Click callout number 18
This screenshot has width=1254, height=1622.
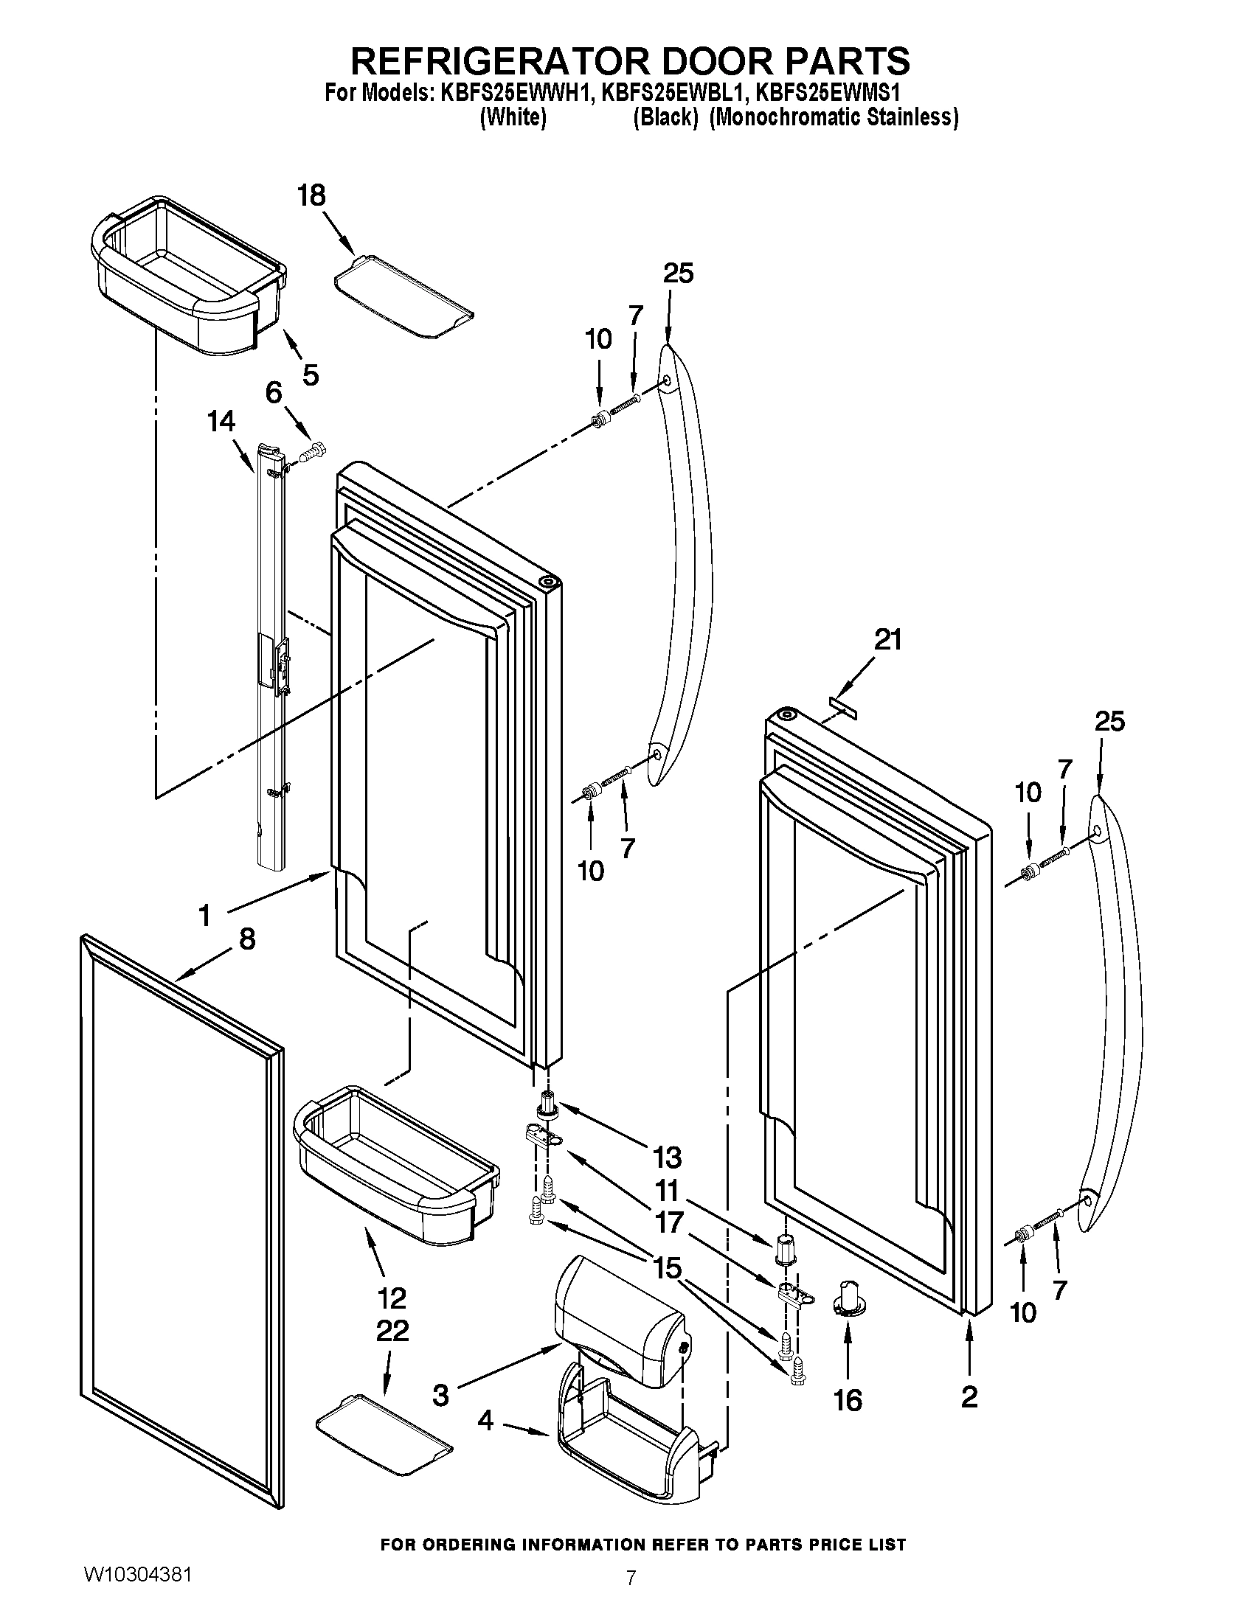[x=311, y=196]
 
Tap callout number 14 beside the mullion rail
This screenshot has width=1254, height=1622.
[x=221, y=422]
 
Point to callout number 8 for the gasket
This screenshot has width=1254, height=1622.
[x=246, y=939]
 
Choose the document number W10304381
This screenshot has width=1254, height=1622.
[x=138, y=1573]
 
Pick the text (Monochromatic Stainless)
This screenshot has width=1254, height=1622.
[x=834, y=118]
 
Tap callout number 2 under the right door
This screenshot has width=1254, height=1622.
[x=969, y=1397]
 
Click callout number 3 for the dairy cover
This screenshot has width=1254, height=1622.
[x=441, y=1396]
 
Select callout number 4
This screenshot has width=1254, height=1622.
[x=485, y=1421]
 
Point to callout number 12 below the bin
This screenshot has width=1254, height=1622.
[x=392, y=1298]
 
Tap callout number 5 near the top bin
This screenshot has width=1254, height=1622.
[x=311, y=375]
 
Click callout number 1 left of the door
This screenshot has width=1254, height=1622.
[x=206, y=916]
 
